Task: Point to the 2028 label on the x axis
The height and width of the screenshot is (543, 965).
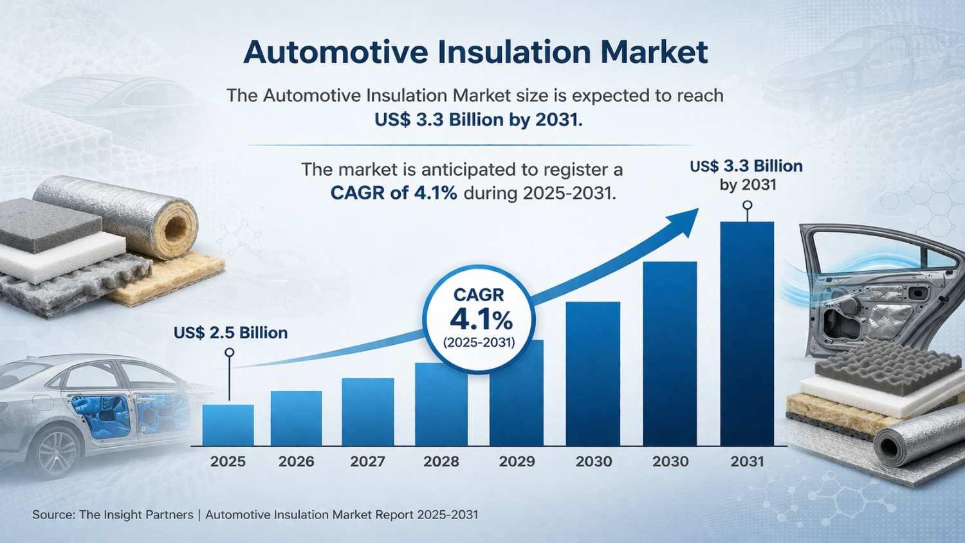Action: [x=441, y=461]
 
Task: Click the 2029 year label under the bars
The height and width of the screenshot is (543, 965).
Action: [x=517, y=461]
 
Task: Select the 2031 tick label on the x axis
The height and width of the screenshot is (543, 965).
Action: [x=747, y=461]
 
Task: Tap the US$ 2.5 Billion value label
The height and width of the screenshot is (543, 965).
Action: [x=230, y=333]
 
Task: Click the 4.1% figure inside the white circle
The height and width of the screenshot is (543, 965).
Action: [x=481, y=319]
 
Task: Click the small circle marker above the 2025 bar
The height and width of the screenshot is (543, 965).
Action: [x=229, y=353]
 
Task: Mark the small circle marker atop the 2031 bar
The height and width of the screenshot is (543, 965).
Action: [x=747, y=205]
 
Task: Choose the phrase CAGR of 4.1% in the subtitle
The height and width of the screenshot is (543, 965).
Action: [x=394, y=192]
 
